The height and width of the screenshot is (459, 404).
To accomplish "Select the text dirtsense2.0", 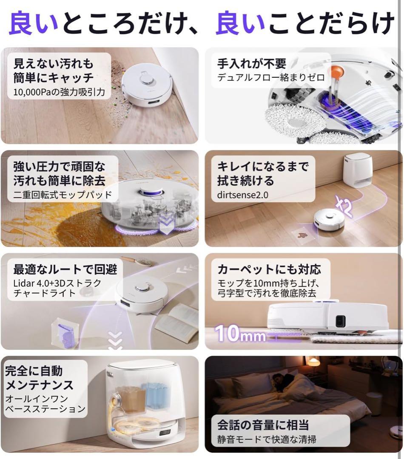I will click(x=243, y=195).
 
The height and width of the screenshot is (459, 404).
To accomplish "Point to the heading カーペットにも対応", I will click(x=269, y=269).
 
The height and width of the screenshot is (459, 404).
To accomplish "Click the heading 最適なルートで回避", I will click(x=65, y=269).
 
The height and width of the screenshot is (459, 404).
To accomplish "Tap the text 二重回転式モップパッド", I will click(x=63, y=195).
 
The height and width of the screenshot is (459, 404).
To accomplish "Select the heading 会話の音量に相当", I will click(x=263, y=425).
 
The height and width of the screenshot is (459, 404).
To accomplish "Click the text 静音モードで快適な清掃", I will click(x=267, y=439).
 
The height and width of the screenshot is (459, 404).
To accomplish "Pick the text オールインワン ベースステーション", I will click(x=45, y=404).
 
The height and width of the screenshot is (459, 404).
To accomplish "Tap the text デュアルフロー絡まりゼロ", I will click(x=271, y=78).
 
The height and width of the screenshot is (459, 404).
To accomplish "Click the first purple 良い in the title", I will click(x=33, y=23).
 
